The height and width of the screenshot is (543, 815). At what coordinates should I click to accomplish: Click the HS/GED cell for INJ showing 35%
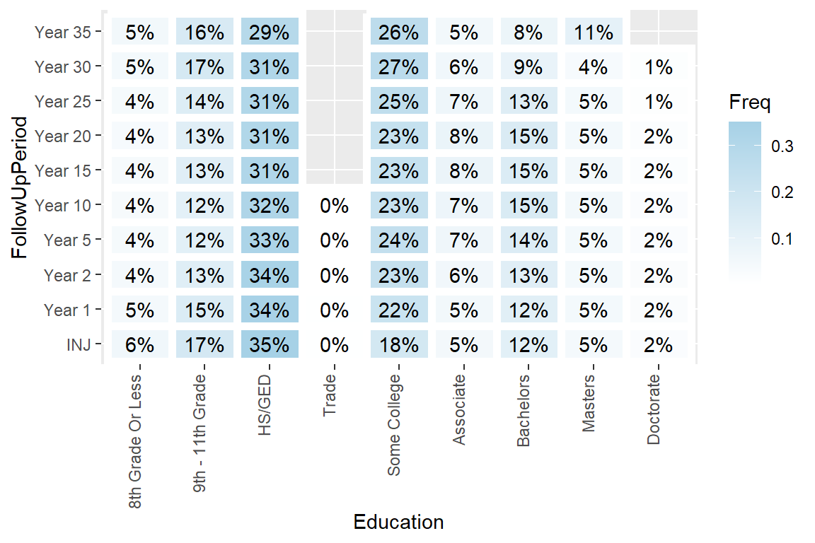[270, 345]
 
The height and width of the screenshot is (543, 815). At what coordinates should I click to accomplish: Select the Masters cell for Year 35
[594, 33]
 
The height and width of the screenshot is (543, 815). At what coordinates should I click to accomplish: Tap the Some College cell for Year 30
[399, 67]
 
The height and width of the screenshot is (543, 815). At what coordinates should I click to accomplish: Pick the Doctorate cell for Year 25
[659, 102]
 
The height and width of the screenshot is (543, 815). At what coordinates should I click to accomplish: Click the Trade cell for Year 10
[334, 206]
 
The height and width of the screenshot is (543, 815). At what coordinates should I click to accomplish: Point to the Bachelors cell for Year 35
[528, 33]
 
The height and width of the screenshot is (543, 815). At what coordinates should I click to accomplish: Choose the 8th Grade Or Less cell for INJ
[140, 345]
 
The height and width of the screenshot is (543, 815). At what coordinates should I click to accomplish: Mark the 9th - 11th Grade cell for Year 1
[204, 310]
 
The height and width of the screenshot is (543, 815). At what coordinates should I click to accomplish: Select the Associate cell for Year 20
[464, 136]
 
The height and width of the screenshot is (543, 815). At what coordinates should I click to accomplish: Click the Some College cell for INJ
[399, 345]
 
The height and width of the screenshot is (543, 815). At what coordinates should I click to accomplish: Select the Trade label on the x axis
[329, 397]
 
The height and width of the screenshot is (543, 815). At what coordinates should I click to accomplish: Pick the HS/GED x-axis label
[265, 404]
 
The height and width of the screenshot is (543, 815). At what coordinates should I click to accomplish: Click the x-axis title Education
[398, 522]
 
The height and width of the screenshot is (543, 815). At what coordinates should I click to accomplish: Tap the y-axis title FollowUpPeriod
[22, 188]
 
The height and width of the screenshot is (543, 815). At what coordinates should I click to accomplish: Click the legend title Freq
[750, 103]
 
